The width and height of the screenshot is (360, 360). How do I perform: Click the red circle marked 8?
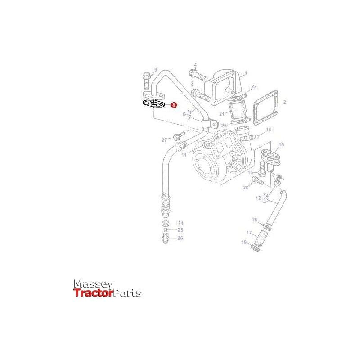pyautogui.click(x=174, y=105)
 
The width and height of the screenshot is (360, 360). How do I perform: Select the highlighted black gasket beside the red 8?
pyautogui.click(x=154, y=103)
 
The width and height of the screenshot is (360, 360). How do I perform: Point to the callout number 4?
pyautogui.click(x=196, y=65)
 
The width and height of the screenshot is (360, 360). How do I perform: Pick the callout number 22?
pyautogui.click(x=254, y=86)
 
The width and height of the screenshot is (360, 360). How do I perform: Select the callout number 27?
pyautogui.click(x=164, y=140)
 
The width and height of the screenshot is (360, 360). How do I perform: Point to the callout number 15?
pyautogui.click(x=282, y=144)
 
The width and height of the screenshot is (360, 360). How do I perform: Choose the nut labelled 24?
pyautogui.click(x=165, y=224)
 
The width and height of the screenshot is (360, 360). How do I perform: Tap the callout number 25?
pyautogui.click(x=180, y=230)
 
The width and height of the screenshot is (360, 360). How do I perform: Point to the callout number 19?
pyautogui.click(x=244, y=243)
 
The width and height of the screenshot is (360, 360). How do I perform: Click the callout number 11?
pyautogui.click(x=184, y=155)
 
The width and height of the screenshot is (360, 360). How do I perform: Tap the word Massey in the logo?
pyautogui.click(x=93, y=284)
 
